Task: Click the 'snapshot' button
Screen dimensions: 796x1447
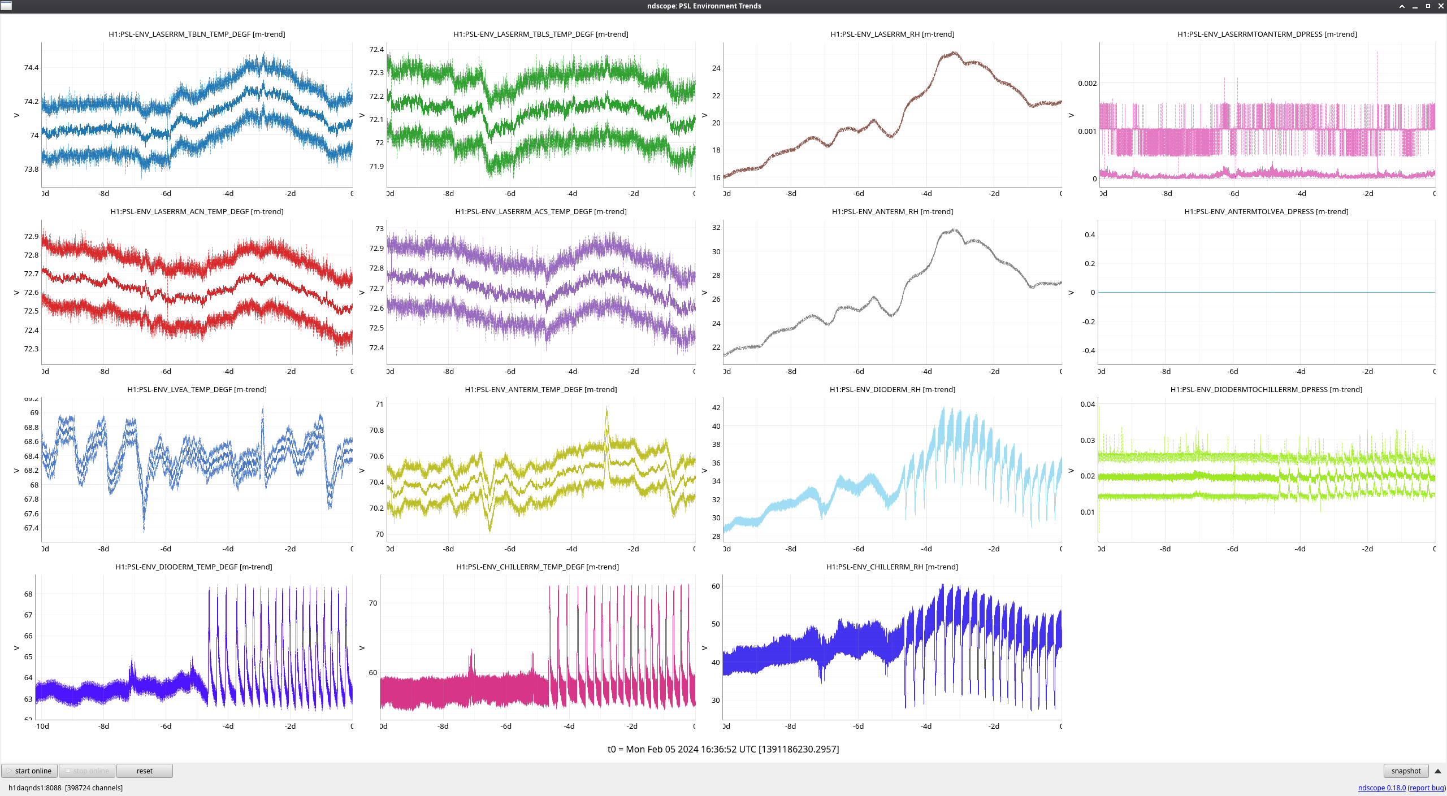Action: point(1405,771)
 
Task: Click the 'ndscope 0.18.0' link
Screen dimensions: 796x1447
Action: point(1381,788)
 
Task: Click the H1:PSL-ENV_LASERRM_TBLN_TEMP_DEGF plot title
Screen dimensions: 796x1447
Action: point(197,34)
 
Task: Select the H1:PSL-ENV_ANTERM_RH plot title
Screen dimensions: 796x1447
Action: point(892,211)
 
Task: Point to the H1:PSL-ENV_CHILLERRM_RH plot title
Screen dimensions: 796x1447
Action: point(892,567)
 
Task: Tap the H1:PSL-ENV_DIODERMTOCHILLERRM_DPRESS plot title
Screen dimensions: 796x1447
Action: point(1266,389)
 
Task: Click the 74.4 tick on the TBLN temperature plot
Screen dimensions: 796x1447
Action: point(31,67)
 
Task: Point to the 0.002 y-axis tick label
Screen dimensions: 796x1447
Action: point(1087,83)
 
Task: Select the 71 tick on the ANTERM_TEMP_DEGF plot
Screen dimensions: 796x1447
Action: point(379,404)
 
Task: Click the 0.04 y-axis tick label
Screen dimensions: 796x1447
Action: point(1088,404)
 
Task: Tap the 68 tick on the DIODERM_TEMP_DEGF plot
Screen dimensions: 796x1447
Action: point(28,594)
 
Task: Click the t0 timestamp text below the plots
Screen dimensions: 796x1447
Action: point(723,749)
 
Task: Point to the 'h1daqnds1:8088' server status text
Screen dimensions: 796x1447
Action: point(34,788)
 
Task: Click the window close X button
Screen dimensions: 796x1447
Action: point(1440,6)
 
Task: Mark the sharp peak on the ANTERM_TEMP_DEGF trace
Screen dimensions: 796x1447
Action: point(606,409)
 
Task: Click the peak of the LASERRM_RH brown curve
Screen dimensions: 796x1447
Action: point(954,53)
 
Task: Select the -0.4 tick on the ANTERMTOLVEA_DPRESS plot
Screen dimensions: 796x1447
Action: point(1088,350)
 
